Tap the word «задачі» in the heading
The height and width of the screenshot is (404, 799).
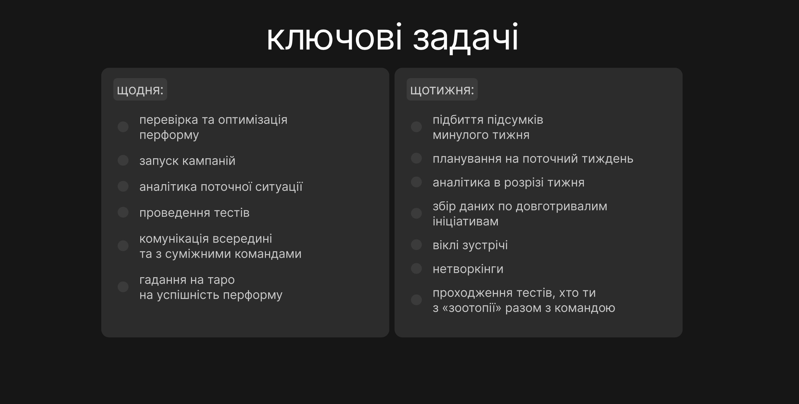point(465,38)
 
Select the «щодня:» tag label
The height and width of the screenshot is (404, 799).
point(140,89)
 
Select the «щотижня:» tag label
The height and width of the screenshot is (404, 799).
point(442,89)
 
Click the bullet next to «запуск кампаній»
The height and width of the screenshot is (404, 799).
point(123,160)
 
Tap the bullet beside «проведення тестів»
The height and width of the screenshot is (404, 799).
point(123,212)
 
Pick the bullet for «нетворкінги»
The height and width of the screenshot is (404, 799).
point(416,269)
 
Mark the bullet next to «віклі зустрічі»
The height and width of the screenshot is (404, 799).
point(416,245)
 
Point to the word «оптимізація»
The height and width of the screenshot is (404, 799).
point(253,120)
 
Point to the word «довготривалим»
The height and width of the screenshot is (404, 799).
point(561,206)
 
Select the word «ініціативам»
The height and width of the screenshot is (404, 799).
point(465,221)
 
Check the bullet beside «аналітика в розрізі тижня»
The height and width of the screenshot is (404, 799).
point(416,182)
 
